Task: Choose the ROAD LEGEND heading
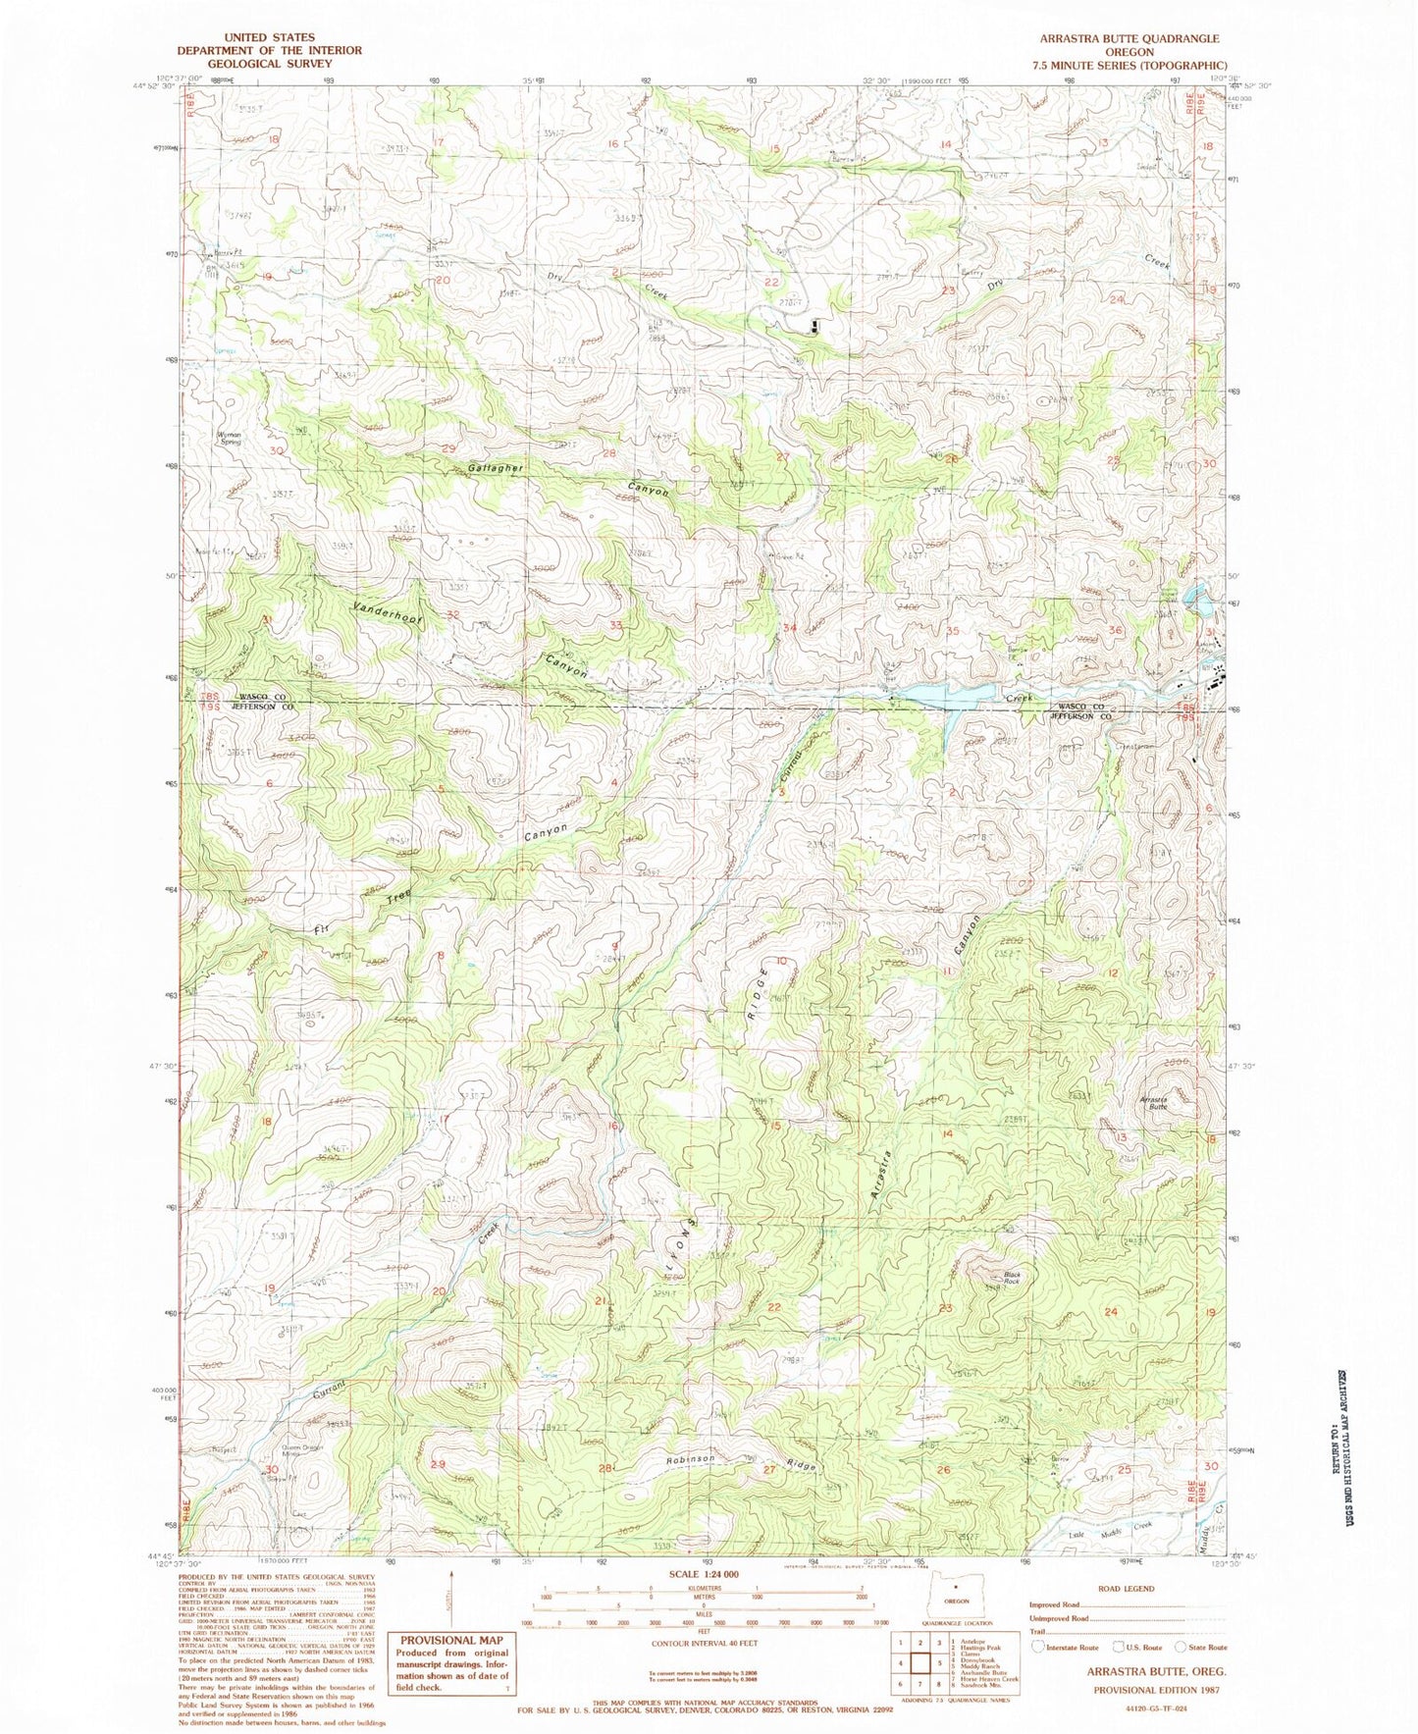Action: click(1127, 1588)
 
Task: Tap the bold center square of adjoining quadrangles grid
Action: click(920, 1658)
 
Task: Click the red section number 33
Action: click(615, 625)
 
